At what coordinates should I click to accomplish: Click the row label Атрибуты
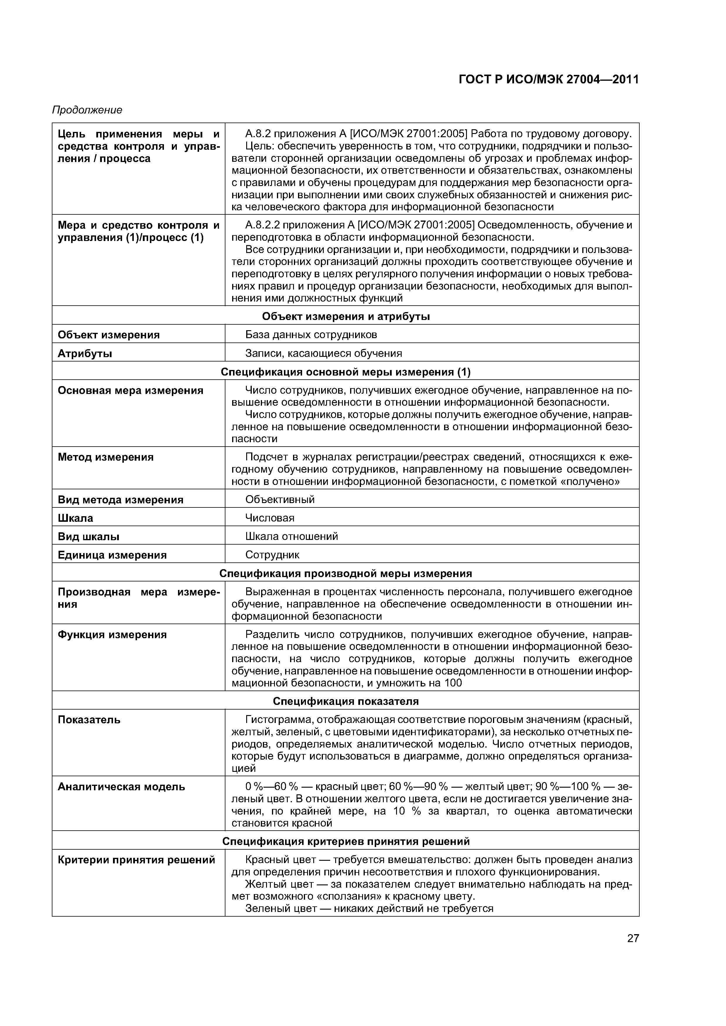pyautogui.click(x=85, y=354)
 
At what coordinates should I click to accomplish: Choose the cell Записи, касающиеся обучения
pyautogui.click(x=323, y=354)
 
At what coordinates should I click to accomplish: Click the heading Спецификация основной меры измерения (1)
pyautogui.click(x=345, y=372)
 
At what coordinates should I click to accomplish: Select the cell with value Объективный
pyautogui.click(x=280, y=499)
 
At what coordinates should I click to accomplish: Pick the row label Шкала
pyautogui.click(x=75, y=518)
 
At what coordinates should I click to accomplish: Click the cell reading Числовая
pyautogui.click(x=270, y=518)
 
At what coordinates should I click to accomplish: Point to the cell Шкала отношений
pyautogui.click(x=291, y=536)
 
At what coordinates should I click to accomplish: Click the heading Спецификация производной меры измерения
pyautogui.click(x=345, y=573)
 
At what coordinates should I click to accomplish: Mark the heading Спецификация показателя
pyautogui.click(x=345, y=701)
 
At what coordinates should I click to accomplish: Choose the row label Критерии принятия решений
pyautogui.click(x=136, y=860)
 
